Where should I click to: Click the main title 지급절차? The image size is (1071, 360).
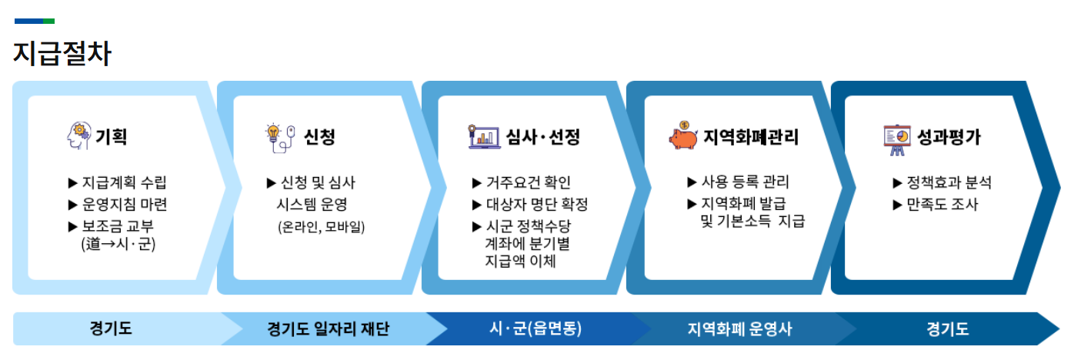pyautogui.click(x=62, y=55)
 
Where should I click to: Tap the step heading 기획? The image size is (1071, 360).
pyautogui.click(x=111, y=138)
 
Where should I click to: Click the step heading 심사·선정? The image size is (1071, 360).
pyautogui.click(x=542, y=138)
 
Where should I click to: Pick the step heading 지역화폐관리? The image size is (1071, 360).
pyautogui.click(x=751, y=138)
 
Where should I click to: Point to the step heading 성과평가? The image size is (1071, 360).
pyautogui.click(x=949, y=138)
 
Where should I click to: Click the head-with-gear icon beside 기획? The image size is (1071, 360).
pyautogui.click(x=78, y=137)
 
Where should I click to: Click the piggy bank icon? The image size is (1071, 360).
pyautogui.click(x=683, y=135)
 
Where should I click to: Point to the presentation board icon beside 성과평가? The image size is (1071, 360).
pyautogui.click(x=896, y=138)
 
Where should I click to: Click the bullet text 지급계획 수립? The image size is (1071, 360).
pyautogui.click(x=124, y=183)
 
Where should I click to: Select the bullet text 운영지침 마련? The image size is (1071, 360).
pyautogui.click(x=124, y=205)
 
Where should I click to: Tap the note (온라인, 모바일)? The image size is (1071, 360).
pyautogui.click(x=322, y=227)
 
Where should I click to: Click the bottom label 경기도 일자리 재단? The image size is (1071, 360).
pyautogui.click(x=328, y=329)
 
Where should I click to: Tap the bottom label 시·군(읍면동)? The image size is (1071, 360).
pyautogui.click(x=535, y=329)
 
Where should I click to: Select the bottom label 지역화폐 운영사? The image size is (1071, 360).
pyautogui.click(x=739, y=329)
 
